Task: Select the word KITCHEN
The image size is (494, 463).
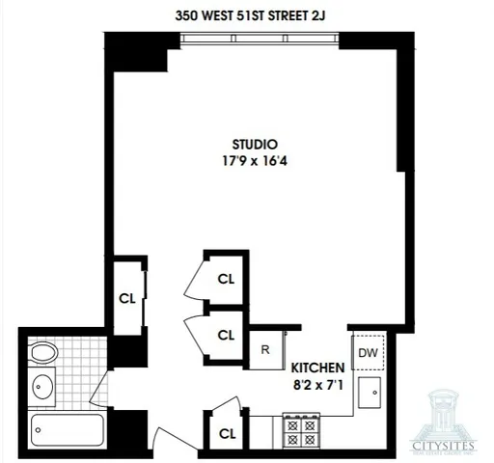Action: point(317,367)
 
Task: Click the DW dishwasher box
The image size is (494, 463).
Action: point(368,353)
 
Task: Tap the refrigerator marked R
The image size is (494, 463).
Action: point(265,349)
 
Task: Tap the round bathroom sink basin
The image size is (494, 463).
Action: point(43,388)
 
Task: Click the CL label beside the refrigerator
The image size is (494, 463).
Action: point(226,336)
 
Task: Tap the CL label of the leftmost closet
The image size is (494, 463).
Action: point(126,297)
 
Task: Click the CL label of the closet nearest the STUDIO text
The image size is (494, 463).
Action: point(226,280)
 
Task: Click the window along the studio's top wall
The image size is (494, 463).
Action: point(261,40)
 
